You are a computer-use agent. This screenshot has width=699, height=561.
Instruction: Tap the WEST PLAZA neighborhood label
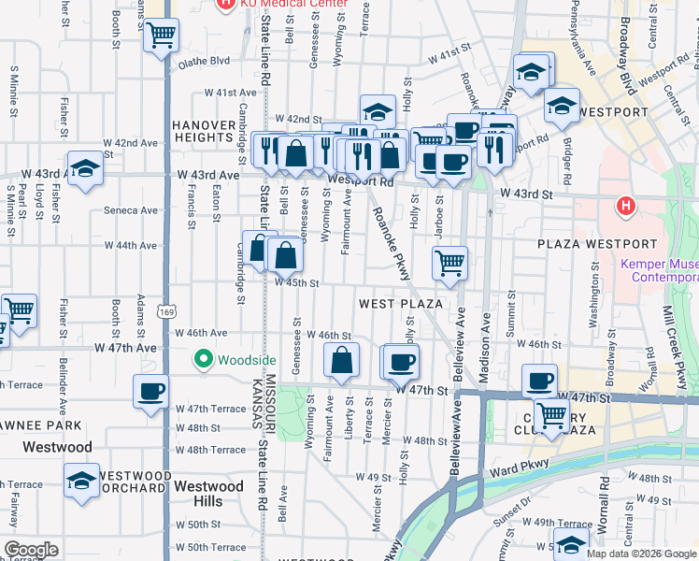400,304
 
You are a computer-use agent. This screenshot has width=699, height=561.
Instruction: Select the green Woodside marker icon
203,359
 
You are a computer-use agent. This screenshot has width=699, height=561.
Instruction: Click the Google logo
31,550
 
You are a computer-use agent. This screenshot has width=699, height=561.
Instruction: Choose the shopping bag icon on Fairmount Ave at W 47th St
342,359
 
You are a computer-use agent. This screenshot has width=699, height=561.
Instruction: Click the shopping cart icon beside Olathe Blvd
162,36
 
